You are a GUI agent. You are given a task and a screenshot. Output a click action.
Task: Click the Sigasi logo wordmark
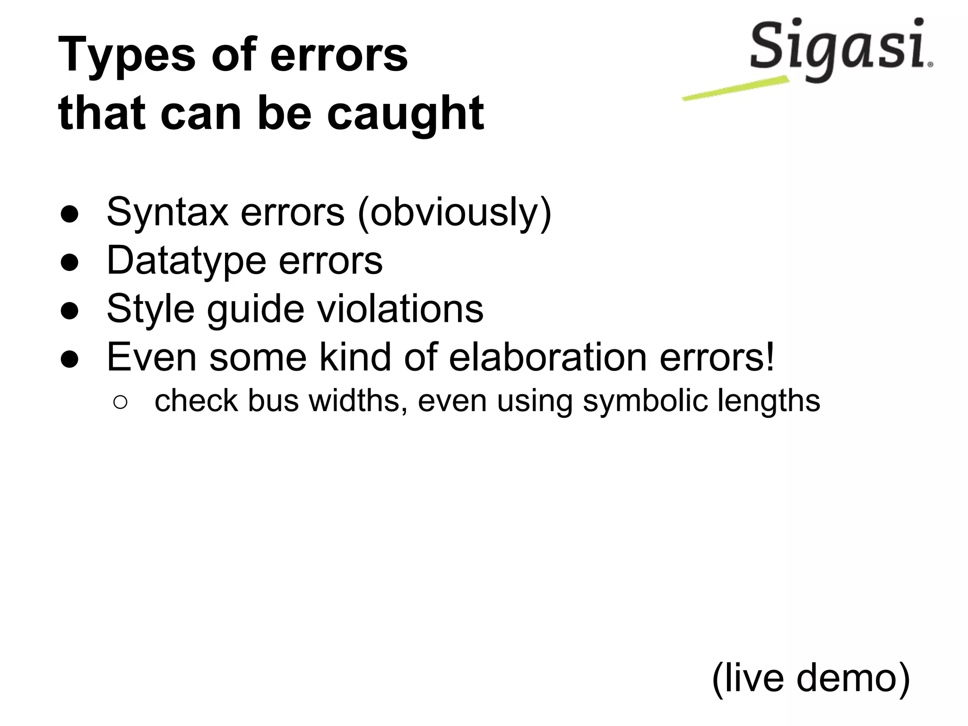839,47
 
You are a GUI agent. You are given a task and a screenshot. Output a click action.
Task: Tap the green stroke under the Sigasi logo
735,88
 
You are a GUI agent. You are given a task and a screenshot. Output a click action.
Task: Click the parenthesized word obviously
454,213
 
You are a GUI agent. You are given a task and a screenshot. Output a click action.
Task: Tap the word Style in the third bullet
150,309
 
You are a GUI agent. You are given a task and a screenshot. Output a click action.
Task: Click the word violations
400,309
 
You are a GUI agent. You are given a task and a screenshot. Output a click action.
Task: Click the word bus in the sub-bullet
273,401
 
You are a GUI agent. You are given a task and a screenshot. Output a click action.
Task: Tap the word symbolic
645,401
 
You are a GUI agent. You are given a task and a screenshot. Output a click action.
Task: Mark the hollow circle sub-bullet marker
120,402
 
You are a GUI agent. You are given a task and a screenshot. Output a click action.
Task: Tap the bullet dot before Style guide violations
69,311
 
